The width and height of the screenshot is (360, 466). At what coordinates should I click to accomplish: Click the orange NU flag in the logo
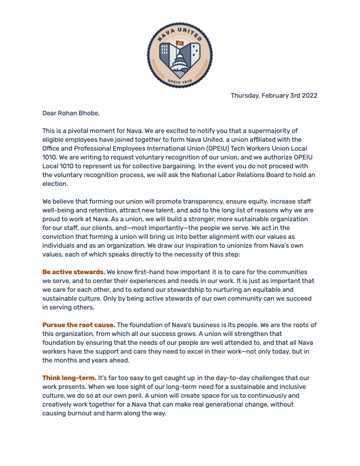click(180, 43)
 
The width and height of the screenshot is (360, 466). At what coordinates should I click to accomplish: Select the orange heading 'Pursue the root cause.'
click(79, 324)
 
